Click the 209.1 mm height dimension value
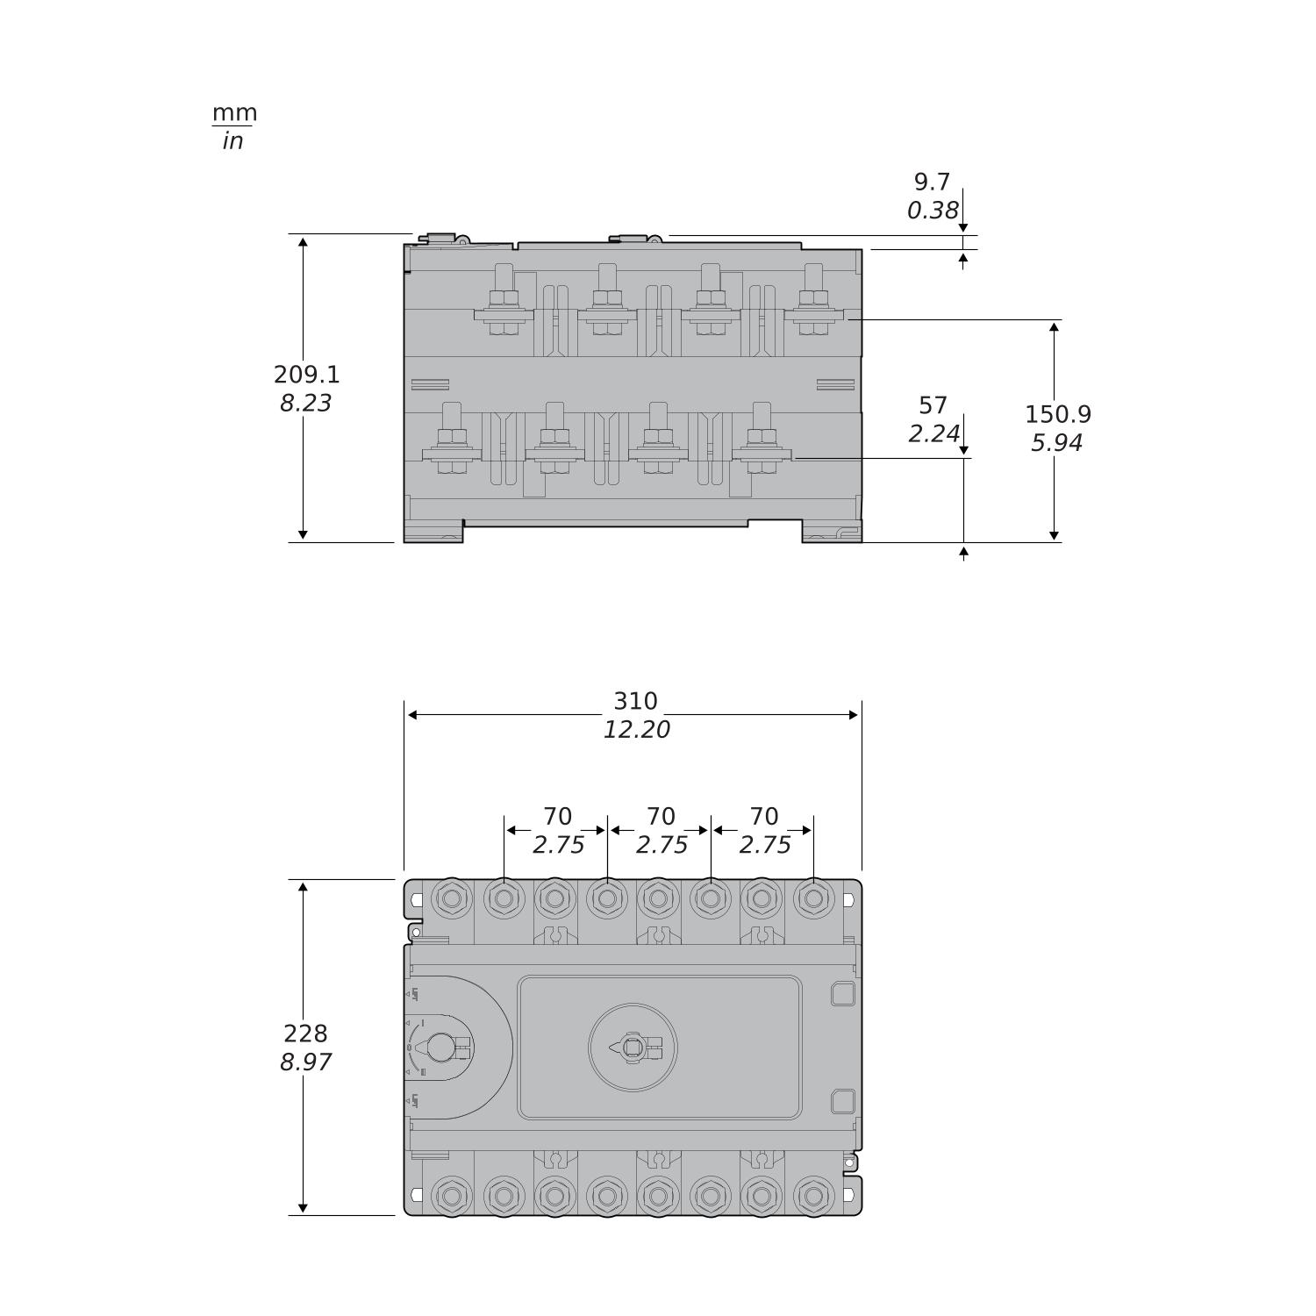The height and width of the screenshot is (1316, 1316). (306, 375)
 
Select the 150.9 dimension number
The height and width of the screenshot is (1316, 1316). (1057, 414)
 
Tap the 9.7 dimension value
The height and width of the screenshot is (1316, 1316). (932, 182)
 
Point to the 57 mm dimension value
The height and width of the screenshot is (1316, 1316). (933, 406)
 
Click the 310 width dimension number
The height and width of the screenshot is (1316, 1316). (635, 702)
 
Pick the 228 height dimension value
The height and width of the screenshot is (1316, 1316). (305, 1033)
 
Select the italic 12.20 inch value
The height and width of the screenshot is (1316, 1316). (636, 730)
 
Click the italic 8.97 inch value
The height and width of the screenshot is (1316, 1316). (305, 1062)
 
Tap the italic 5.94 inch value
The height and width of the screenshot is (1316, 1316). (1056, 443)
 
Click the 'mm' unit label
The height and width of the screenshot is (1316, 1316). (234, 113)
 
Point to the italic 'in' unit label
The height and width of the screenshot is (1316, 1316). (232, 141)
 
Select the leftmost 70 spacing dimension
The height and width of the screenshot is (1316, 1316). (557, 817)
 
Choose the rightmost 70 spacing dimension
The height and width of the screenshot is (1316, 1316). (763, 817)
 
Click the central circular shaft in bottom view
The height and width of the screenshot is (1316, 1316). (633, 1047)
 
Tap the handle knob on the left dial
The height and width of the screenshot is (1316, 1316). (441, 1047)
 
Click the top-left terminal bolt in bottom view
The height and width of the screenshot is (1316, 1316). (452, 898)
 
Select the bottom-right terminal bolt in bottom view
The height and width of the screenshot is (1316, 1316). (813, 1195)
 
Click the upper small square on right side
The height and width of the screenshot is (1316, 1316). (842, 993)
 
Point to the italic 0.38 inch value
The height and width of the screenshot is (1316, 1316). (932, 211)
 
